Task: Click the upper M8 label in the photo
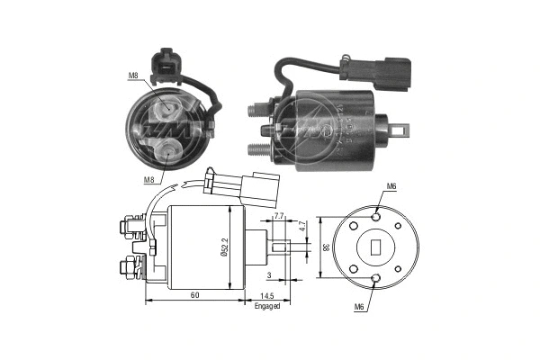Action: (132, 76)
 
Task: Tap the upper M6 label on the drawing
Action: (391, 186)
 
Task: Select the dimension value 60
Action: (194, 294)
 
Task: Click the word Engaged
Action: (267, 306)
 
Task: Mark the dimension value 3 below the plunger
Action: (268, 273)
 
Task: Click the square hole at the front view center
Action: (375, 244)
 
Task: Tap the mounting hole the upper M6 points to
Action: (375, 215)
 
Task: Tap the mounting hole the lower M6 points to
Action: (375, 274)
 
